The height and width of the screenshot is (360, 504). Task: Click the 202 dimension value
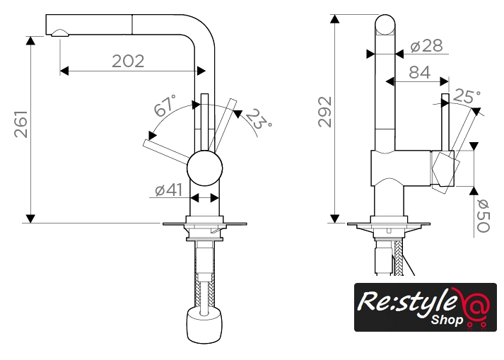(128, 61)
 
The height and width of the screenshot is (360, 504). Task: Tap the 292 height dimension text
(324, 111)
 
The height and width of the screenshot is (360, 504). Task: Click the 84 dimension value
(420, 72)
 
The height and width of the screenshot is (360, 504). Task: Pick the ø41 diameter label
(169, 189)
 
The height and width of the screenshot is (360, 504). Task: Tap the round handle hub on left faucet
(204, 168)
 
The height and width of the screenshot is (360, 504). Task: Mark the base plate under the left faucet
(205, 224)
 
